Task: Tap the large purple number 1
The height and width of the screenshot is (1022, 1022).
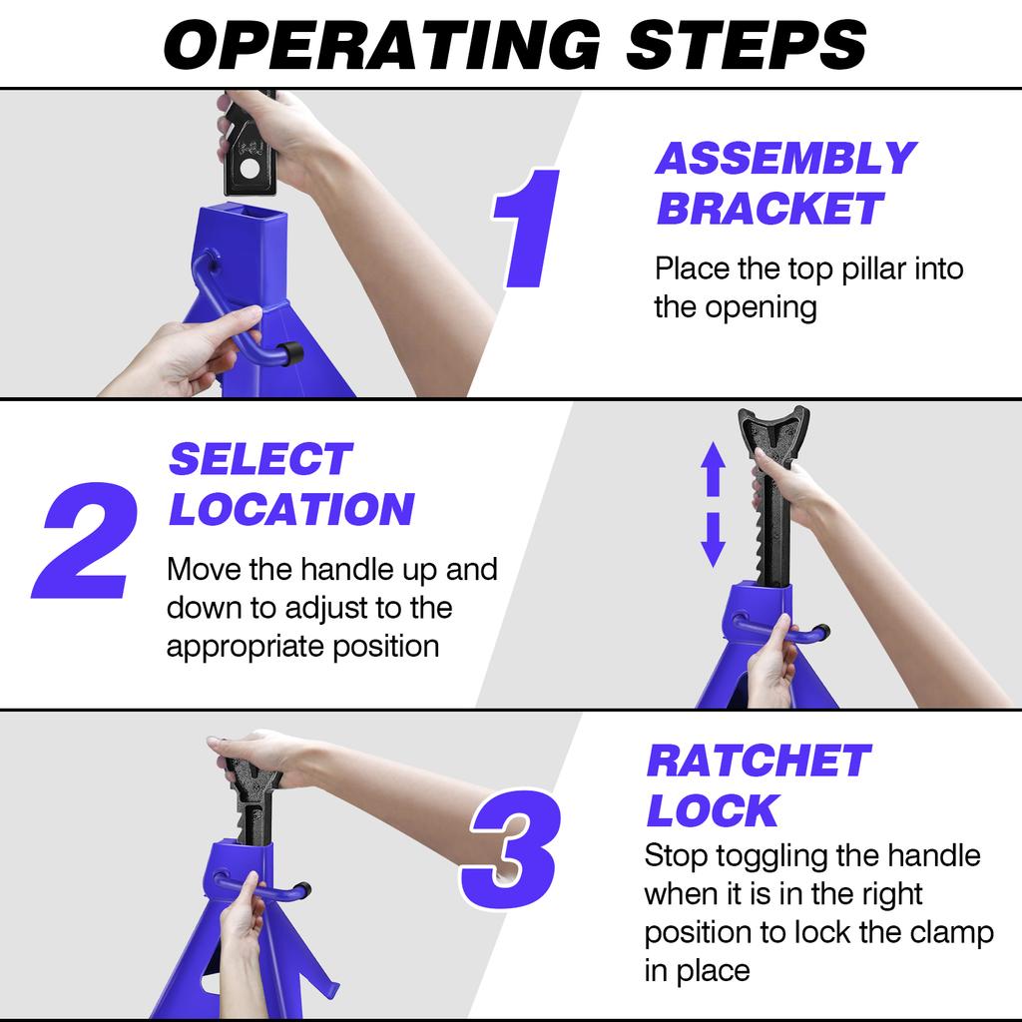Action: tap(527, 230)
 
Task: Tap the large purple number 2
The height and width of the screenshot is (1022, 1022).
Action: tap(84, 540)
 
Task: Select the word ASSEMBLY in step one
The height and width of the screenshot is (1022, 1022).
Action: tap(784, 159)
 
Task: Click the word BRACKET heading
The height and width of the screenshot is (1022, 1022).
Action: tap(769, 209)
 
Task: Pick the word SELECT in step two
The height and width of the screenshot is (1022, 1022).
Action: tap(259, 460)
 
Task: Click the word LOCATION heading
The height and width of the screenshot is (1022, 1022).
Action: tap(290, 510)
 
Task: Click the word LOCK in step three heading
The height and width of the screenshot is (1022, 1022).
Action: tap(712, 811)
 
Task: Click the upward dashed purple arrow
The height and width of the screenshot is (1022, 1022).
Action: tap(712, 470)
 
